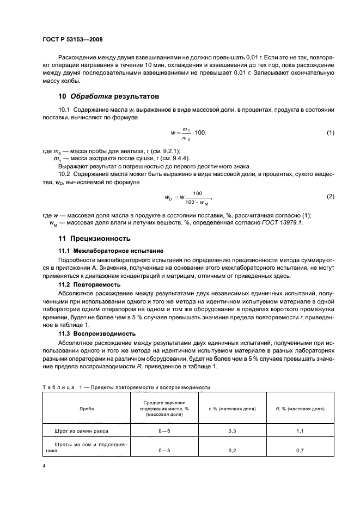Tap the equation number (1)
(330, 133)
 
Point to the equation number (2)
(330, 196)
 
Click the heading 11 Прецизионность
(94, 239)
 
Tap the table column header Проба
(86, 408)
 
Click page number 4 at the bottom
(44, 466)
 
